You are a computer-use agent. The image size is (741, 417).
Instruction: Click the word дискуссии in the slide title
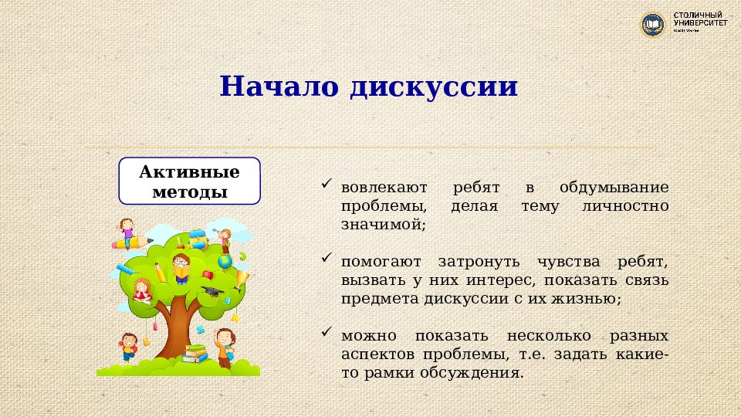click(x=432, y=86)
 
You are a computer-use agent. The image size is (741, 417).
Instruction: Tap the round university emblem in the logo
click(x=653, y=25)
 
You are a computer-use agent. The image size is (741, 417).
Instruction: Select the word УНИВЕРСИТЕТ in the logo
click(x=700, y=23)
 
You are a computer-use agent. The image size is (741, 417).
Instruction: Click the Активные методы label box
click(x=189, y=181)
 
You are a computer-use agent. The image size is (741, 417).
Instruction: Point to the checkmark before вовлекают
click(x=328, y=185)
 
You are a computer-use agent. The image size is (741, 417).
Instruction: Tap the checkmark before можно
click(x=328, y=333)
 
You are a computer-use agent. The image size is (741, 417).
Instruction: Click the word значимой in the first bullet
click(x=381, y=225)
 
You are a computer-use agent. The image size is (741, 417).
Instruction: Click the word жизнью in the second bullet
click(x=587, y=299)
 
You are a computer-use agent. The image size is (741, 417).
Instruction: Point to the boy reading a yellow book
click(x=181, y=267)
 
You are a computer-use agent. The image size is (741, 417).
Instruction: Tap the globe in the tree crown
click(x=225, y=263)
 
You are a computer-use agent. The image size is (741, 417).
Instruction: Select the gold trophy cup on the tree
click(x=242, y=278)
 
